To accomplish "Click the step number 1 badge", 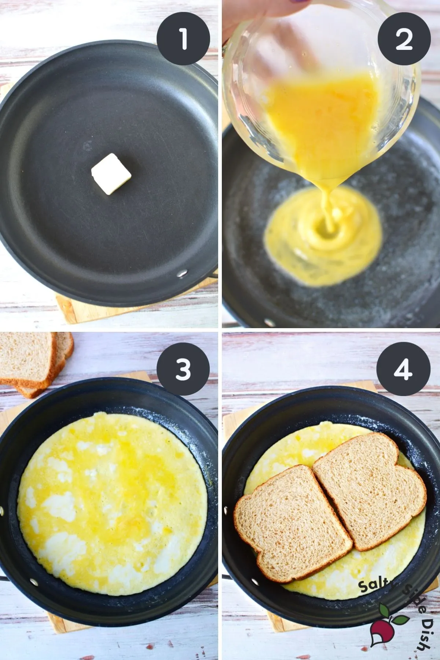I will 183,39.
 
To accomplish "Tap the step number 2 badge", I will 404,39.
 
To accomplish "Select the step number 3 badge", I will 183,369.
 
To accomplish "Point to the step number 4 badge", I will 404,369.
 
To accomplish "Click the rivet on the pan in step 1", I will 181,273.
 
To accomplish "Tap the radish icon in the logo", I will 383,623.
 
